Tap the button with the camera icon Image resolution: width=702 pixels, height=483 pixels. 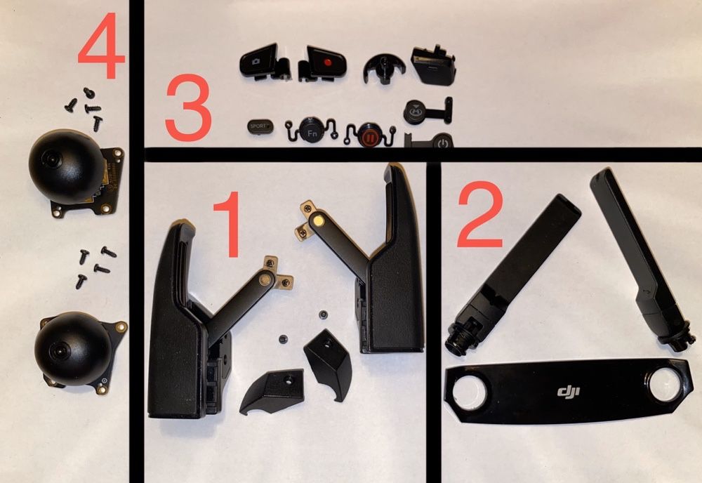click(258, 61)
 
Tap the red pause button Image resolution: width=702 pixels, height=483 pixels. click(369, 135)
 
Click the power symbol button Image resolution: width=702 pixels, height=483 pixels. click(441, 143)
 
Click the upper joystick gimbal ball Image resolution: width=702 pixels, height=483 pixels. click(66, 166)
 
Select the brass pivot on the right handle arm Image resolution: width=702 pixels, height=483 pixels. click(320, 220)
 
